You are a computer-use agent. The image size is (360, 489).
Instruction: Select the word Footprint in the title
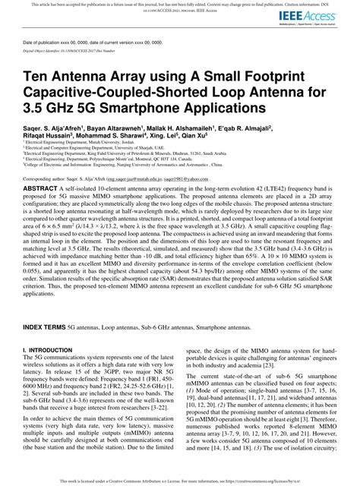(x=290, y=77)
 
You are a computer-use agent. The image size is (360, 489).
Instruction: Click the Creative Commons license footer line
(x=180, y=481)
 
